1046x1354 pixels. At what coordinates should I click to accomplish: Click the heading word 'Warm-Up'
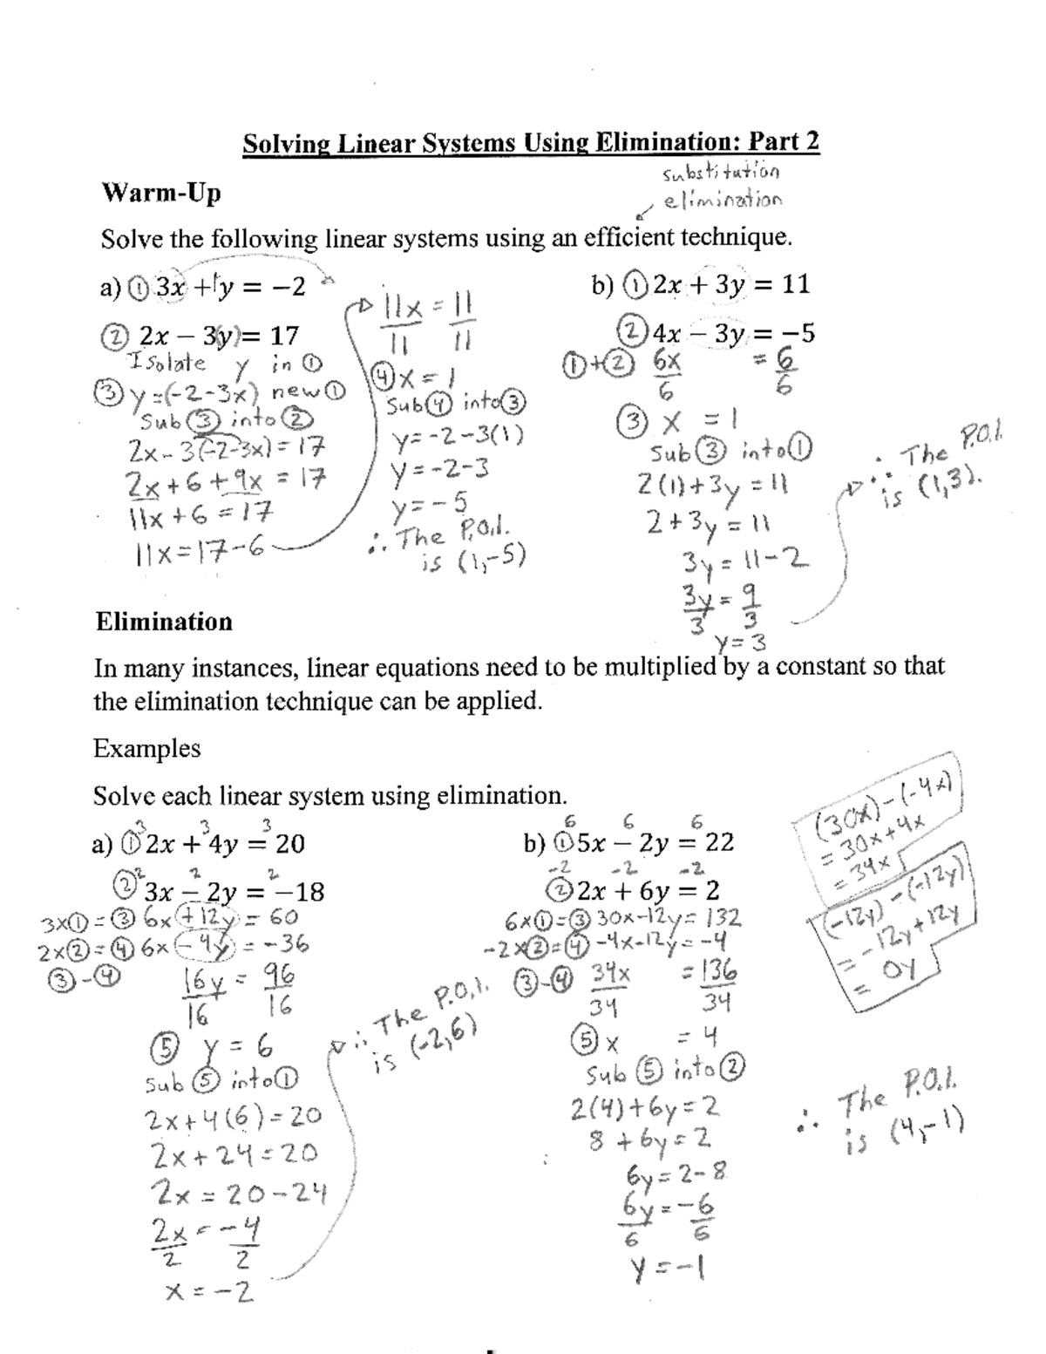(161, 193)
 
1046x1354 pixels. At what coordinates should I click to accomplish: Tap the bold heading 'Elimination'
(164, 622)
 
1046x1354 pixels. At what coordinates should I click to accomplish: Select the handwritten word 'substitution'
(721, 172)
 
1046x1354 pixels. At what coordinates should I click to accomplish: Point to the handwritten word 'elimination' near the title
(723, 201)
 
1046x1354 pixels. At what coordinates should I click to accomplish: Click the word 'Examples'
(146, 749)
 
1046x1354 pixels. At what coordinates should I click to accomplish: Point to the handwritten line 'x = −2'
(209, 1292)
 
